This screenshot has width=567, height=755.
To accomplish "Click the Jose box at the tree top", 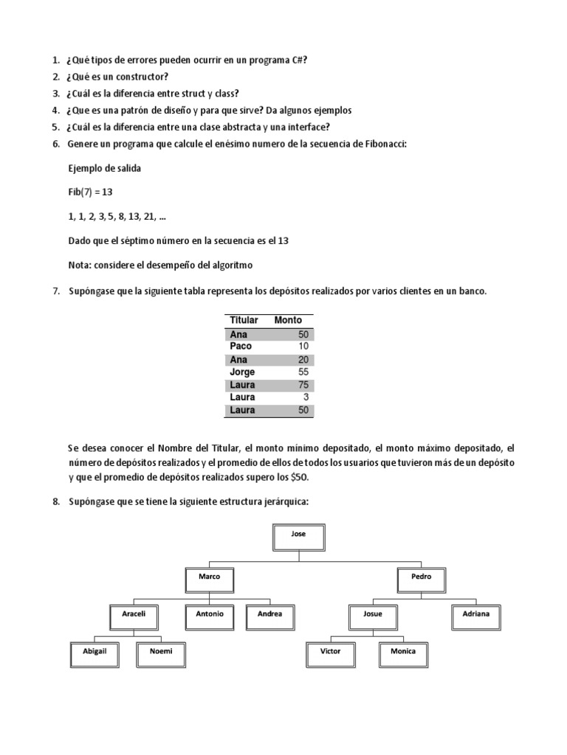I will click(299, 536).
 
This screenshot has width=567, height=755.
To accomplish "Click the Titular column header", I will click(244, 321).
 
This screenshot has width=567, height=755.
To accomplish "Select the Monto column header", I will click(288, 321).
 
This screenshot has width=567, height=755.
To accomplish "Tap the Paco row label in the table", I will click(241, 347).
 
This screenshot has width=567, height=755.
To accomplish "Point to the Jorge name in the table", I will click(242, 372).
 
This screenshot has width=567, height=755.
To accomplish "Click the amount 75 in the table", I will click(303, 385).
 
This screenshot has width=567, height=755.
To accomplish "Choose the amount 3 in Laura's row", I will click(306, 397).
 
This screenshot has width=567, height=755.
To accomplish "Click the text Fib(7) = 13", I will click(90, 192).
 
